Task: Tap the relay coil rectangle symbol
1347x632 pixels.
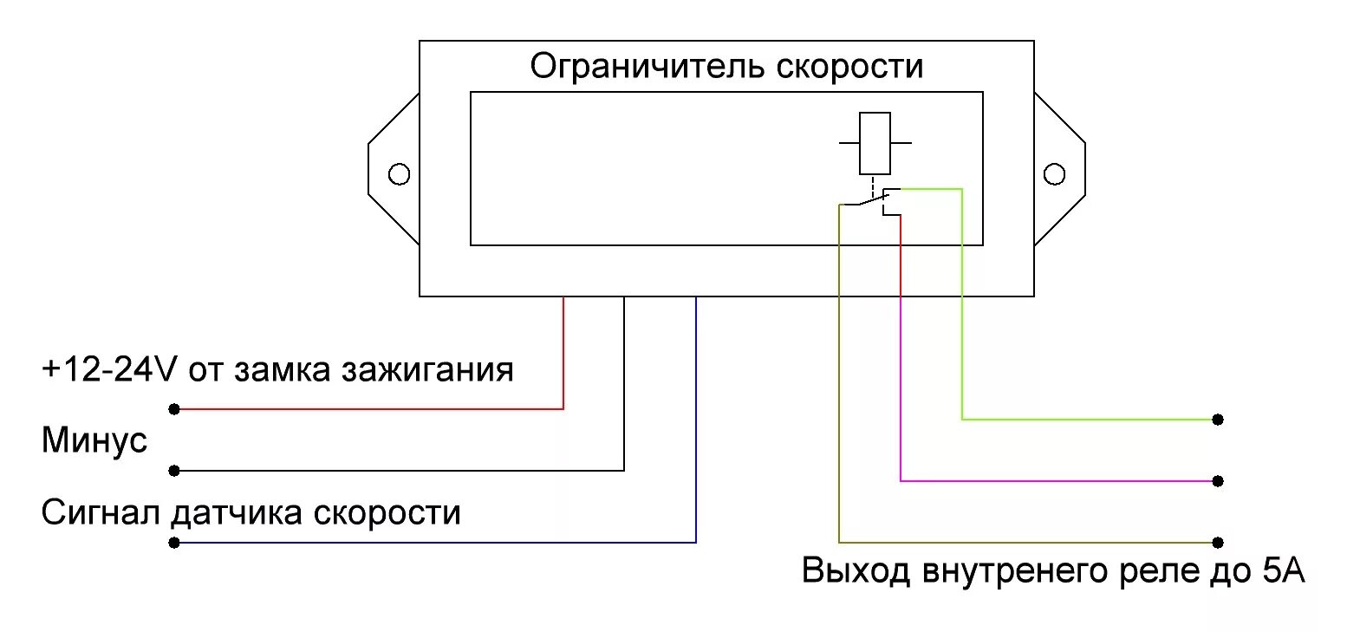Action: pos(875,143)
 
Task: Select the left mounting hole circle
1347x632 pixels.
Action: pos(399,174)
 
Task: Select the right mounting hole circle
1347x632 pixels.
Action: pos(1054,174)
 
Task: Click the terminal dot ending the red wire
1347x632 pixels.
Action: pos(174,408)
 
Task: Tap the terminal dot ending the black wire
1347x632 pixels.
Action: pos(174,471)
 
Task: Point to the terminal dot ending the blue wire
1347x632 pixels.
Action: pos(174,543)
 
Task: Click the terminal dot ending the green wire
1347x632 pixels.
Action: pos(1218,420)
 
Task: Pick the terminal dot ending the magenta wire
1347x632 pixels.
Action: pos(1218,480)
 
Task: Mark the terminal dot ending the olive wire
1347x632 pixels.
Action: pos(1218,542)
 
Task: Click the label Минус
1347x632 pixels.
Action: pos(94,441)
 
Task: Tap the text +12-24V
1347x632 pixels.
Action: pos(109,370)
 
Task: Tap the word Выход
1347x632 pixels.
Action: pos(856,572)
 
